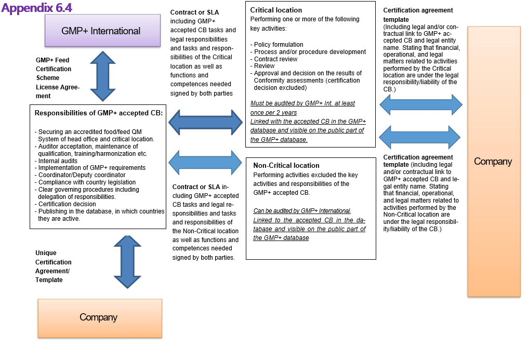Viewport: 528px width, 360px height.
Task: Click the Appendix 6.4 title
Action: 37,8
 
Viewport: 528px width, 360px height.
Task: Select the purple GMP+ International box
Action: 101,31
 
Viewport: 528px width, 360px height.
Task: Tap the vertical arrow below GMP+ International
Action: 102,76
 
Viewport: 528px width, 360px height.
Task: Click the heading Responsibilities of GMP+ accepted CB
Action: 99,113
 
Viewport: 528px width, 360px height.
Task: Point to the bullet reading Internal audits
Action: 58,161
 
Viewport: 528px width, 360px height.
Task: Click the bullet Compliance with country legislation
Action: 87,182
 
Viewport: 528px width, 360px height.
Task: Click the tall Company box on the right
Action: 493,162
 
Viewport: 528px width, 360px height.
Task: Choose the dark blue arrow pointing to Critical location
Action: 206,122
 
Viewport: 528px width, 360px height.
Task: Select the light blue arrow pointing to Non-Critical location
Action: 206,162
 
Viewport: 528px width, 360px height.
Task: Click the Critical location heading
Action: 276,10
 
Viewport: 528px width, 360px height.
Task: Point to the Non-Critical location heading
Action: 286,165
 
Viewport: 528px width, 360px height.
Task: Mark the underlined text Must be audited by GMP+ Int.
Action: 302,103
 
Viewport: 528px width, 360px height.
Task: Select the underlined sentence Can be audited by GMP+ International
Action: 302,211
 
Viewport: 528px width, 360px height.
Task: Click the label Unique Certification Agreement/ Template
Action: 54,266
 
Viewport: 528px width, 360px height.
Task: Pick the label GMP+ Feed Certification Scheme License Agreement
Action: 57,78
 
